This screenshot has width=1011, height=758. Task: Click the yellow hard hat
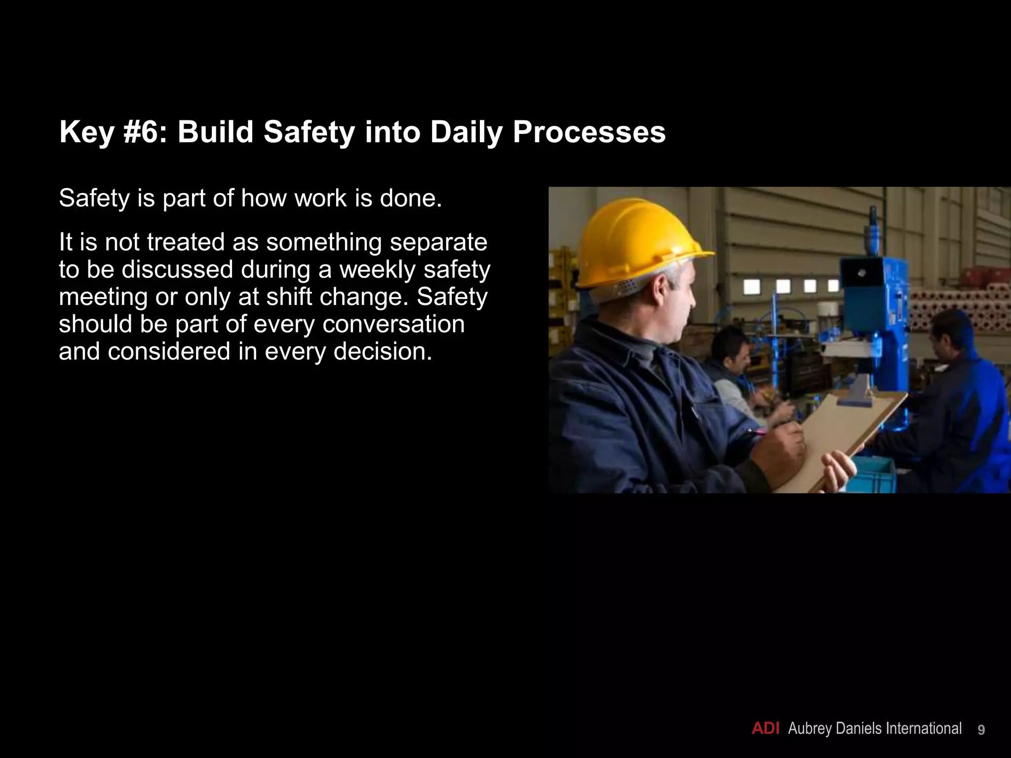(637, 242)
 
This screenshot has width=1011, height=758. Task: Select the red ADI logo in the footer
(765, 729)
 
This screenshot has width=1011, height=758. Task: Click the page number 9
(981, 730)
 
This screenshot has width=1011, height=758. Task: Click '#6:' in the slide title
(146, 132)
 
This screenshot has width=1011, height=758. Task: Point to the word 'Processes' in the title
(589, 132)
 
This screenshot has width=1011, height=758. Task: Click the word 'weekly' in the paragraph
(378, 270)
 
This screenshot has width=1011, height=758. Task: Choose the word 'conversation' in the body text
(393, 324)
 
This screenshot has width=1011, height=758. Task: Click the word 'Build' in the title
(215, 132)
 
